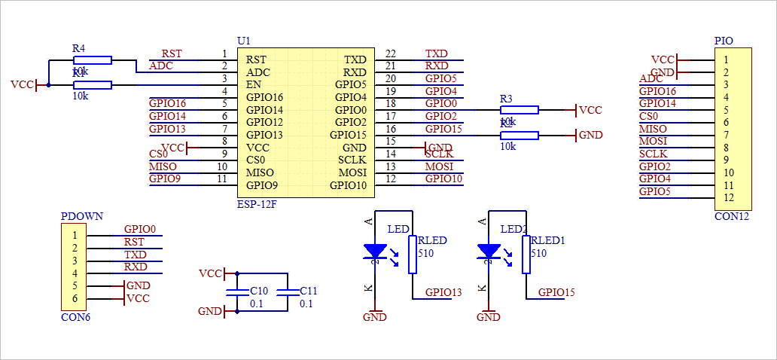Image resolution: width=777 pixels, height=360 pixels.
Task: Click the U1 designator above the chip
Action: click(x=243, y=40)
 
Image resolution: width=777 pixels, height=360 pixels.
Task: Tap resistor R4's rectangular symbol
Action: click(x=92, y=59)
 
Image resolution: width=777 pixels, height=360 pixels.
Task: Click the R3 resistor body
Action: click(x=520, y=110)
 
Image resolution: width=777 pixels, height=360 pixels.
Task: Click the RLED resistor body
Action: click(x=412, y=254)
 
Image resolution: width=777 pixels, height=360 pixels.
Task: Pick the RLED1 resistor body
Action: click(x=526, y=254)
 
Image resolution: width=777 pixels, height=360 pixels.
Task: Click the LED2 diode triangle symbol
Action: click(x=489, y=252)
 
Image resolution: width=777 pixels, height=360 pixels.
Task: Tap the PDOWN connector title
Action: click(x=81, y=217)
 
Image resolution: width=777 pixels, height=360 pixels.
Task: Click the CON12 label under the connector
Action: click(x=732, y=216)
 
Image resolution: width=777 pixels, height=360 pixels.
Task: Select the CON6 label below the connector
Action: click(x=75, y=317)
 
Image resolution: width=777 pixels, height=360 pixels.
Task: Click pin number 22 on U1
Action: click(x=390, y=54)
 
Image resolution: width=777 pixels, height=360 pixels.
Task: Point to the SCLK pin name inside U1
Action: click(x=352, y=160)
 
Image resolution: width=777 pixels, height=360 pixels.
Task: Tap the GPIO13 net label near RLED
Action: click(x=443, y=292)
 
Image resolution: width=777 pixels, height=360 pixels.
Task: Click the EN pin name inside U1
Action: click(x=254, y=84)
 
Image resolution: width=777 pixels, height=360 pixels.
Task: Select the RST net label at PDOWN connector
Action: click(x=134, y=242)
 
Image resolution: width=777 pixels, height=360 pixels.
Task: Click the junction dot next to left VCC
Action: click(x=48, y=85)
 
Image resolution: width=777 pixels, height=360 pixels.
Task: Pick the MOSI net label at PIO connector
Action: click(x=653, y=141)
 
